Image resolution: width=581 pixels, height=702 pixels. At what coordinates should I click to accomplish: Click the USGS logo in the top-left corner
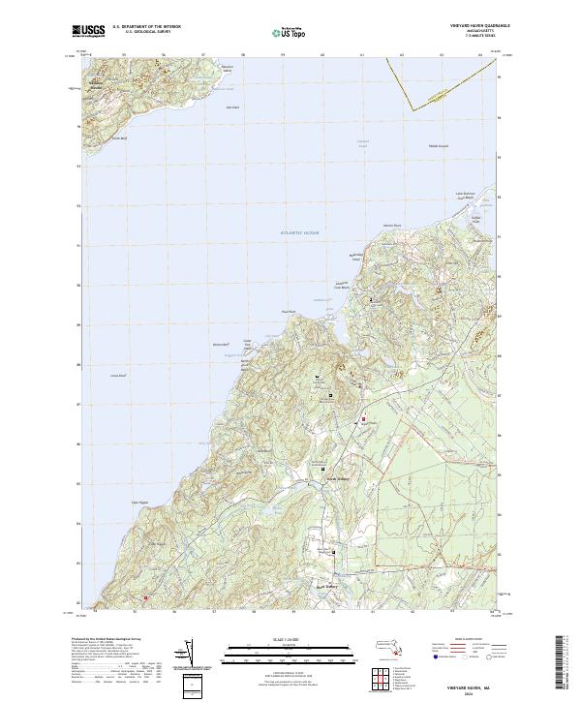point(88,32)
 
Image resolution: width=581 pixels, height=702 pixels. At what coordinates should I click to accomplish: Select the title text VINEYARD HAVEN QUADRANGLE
point(465,26)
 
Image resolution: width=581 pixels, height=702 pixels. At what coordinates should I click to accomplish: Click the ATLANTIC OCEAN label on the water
point(300,233)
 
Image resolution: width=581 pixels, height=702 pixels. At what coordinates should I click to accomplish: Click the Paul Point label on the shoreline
point(287,311)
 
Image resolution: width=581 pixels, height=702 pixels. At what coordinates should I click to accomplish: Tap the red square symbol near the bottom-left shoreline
point(148,599)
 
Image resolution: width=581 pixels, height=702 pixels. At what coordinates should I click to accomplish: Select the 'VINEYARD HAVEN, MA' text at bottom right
point(469,684)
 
